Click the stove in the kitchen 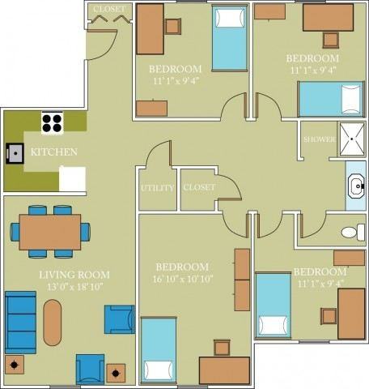pos(53,123)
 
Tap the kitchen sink pos(15,152)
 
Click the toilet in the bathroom pos(350,233)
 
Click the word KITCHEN pos(54,152)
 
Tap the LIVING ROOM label pos(74,275)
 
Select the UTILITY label pos(157,188)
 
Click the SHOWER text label pos(319,139)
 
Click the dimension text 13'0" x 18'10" pos(74,287)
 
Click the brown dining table pos(50,232)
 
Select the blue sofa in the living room pos(20,322)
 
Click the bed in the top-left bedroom pos(230,38)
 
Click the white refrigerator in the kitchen pos(72,177)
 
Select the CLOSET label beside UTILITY pos(199,187)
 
